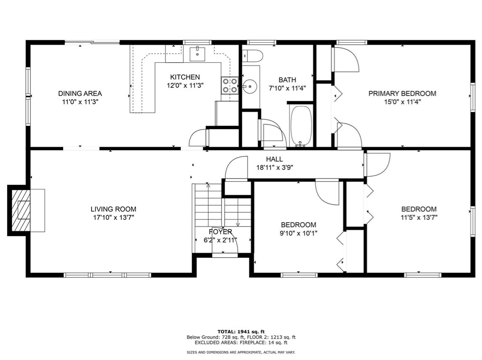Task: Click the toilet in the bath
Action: [252, 56]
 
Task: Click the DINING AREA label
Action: [80, 94]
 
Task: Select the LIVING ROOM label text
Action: [113, 209]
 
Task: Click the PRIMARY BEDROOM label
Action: [402, 94]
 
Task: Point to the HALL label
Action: [274, 160]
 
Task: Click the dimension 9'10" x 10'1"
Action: [299, 233]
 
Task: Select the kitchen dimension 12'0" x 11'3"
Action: [185, 85]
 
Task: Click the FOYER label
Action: [221, 232]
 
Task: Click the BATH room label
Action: [287, 80]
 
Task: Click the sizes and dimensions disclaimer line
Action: [241, 352]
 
